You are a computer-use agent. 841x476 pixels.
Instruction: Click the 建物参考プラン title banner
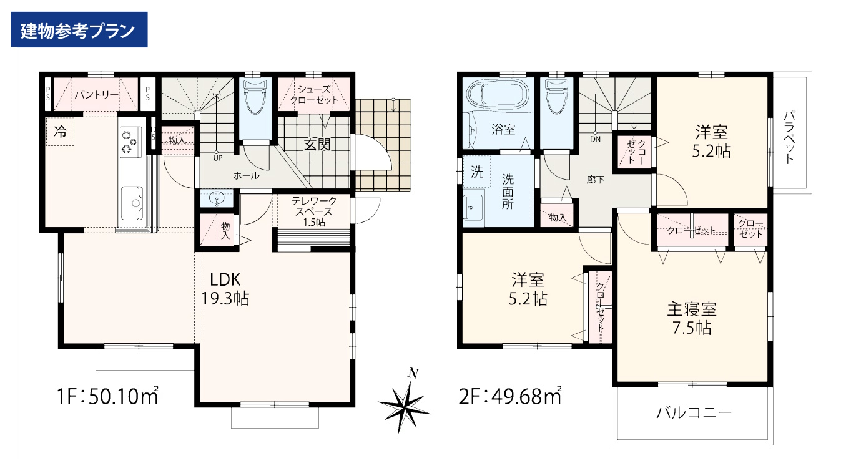click(79, 29)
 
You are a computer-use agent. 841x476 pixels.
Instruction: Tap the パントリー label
click(97, 95)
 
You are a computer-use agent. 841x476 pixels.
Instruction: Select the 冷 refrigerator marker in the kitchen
click(60, 131)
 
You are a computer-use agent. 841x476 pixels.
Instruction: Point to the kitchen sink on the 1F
click(132, 203)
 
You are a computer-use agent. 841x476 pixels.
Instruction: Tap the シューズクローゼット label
click(314, 95)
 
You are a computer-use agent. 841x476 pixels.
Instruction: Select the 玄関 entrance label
click(317, 144)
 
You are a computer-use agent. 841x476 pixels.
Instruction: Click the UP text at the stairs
click(218, 158)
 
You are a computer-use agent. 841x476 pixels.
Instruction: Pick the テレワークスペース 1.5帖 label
click(314, 212)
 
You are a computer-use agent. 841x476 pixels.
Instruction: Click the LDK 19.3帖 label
click(225, 289)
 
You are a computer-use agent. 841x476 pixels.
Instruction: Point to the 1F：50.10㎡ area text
click(107, 396)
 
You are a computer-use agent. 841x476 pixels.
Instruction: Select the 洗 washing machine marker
click(477, 172)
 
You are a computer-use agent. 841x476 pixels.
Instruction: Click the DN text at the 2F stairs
click(596, 140)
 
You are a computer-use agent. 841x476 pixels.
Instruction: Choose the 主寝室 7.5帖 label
click(692, 318)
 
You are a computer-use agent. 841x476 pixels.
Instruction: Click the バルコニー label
click(694, 413)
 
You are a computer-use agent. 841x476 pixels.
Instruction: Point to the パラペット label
click(790, 137)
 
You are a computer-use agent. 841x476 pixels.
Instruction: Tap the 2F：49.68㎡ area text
click(510, 396)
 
